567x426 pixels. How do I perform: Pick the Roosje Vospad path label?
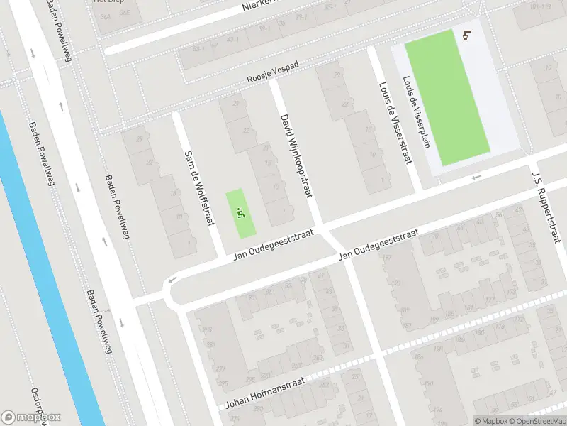[273, 73]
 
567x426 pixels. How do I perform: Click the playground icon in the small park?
[241, 211]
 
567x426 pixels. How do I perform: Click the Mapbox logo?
[31, 417]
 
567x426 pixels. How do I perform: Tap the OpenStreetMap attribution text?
[535, 421]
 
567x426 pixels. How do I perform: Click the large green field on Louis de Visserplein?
[447, 96]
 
